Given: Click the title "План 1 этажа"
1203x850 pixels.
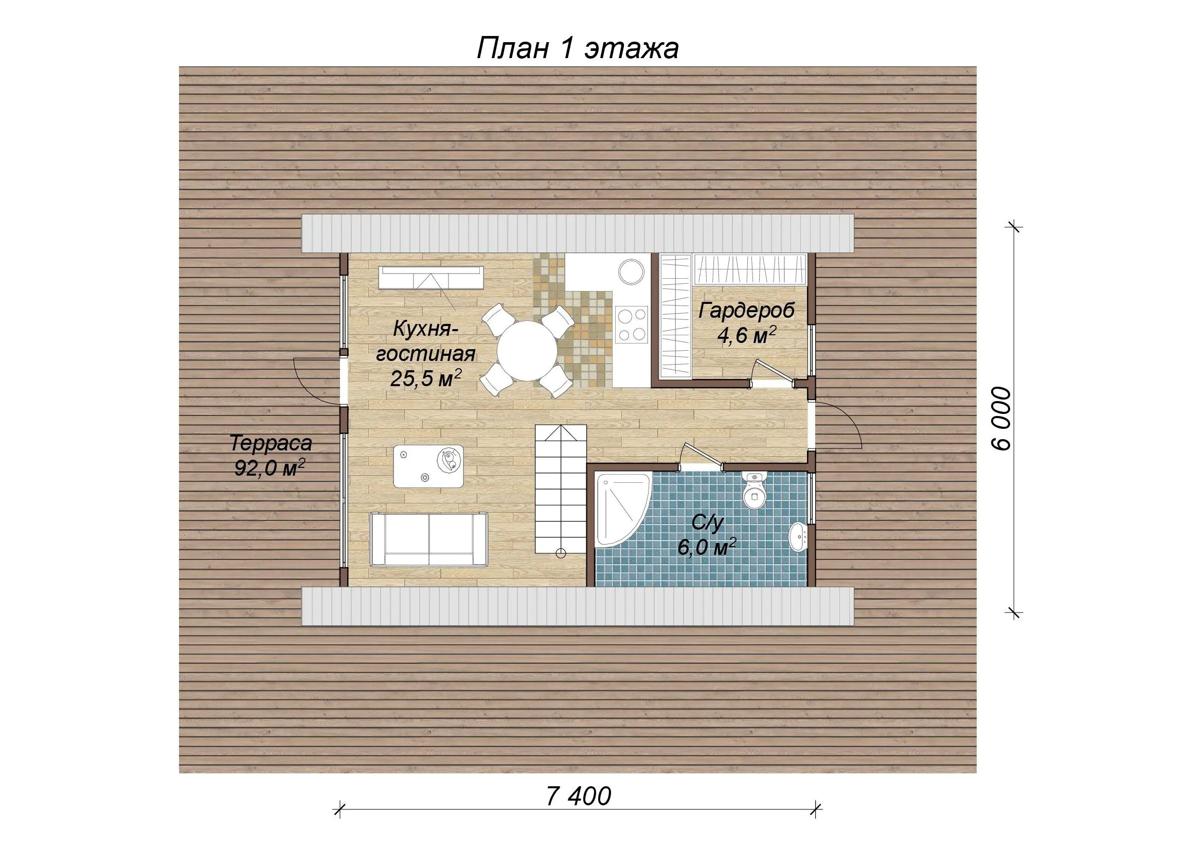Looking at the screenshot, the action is [578, 49].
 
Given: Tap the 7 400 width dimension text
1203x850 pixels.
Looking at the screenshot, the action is [579, 797].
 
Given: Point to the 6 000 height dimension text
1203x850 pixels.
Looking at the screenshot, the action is [1001, 419].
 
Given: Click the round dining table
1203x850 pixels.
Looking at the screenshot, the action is [527, 351].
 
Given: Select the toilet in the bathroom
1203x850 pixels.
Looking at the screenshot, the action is [754, 489].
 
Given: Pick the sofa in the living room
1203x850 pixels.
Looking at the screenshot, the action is [429, 539].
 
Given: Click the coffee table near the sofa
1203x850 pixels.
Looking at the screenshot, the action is [428, 465].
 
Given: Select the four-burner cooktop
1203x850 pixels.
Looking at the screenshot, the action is [632, 324].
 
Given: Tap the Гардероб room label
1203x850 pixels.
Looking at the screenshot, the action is [746, 311].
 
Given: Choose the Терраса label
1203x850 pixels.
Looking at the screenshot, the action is [271, 444].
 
